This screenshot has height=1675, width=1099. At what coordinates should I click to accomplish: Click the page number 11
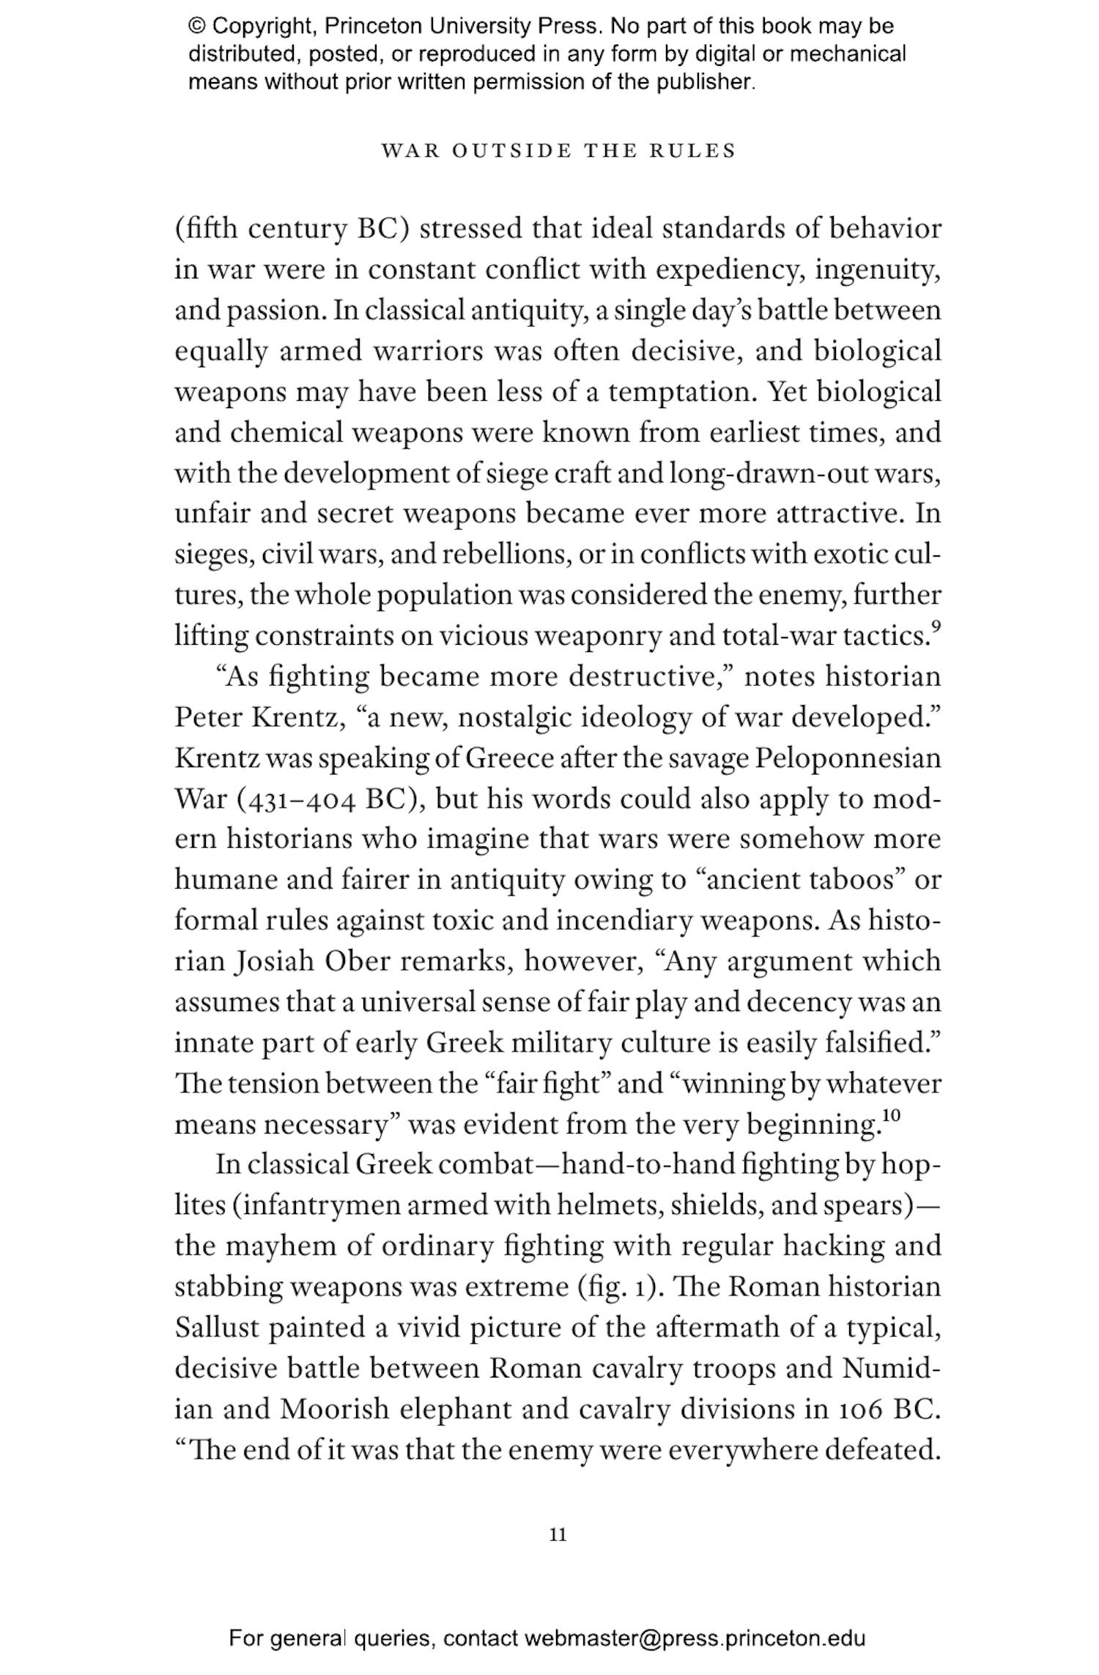558,1534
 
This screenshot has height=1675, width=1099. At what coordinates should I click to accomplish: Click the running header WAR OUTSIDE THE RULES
558,151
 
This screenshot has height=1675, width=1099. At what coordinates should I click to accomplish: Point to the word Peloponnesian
847,758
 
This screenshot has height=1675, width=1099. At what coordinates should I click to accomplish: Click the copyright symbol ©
196,27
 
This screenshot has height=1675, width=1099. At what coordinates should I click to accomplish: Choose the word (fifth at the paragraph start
206,229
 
